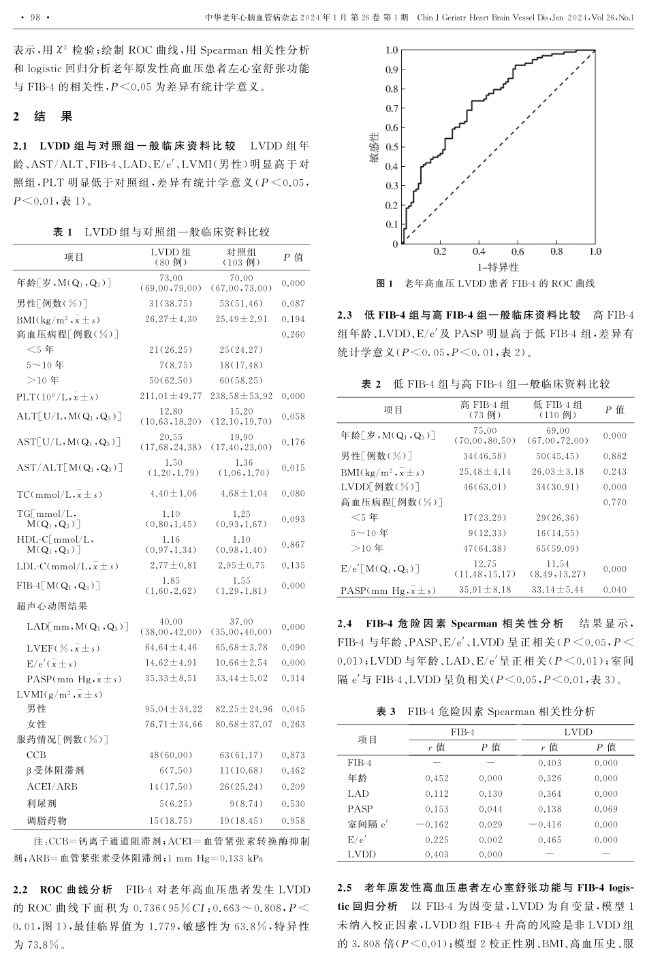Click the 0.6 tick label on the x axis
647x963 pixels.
click(518, 251)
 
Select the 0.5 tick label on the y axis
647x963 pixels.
click(391, 146)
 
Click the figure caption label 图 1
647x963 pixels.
click(385, 284)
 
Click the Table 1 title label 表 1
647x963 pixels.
click(63, 232)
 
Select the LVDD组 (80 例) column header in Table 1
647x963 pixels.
click(170, 257)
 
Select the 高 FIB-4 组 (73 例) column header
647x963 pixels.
click(485, 409)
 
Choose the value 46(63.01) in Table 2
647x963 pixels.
click(485, 487)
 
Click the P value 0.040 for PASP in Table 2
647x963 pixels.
click(614, 590)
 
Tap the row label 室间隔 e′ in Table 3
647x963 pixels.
click(368, 825)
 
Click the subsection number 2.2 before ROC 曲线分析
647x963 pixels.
click(21, 890)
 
